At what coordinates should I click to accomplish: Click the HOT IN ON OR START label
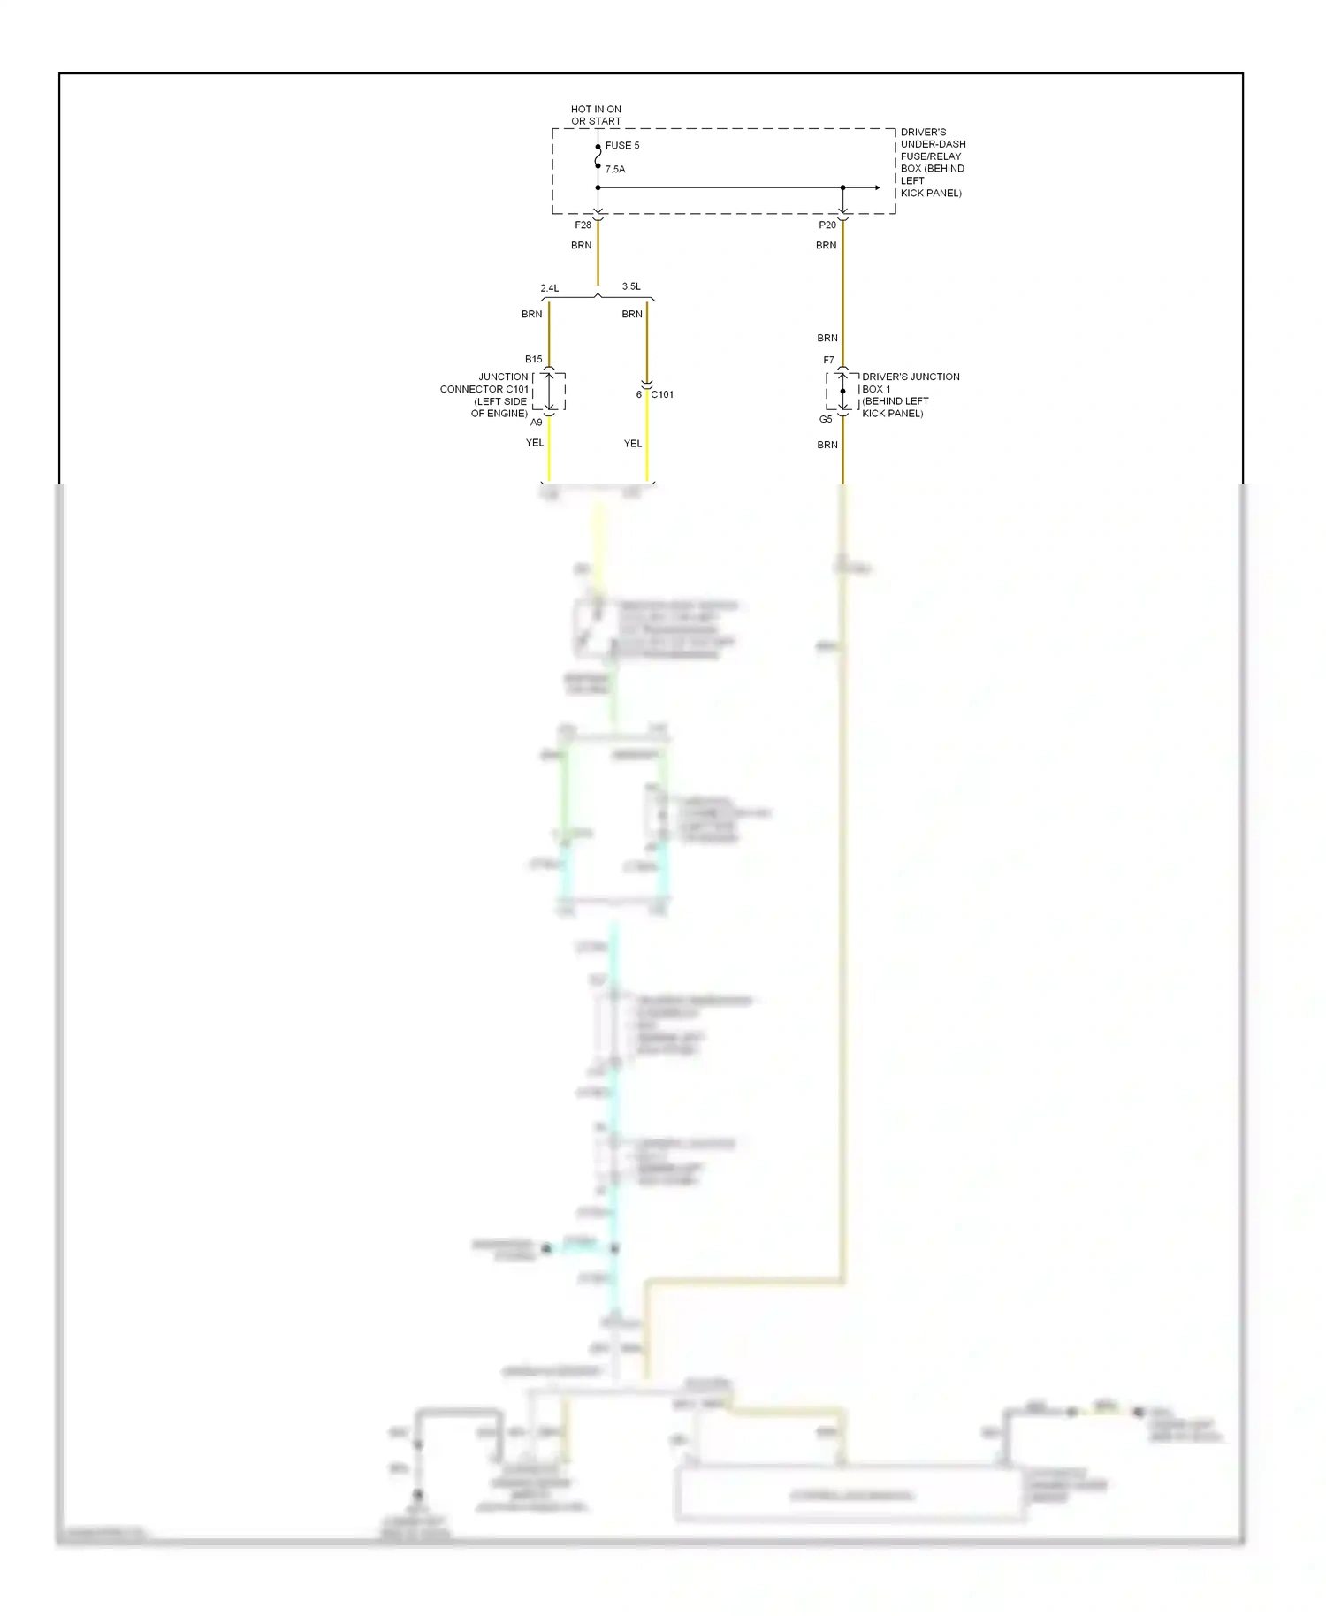[x=596, y=115]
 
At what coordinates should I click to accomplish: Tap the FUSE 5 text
[x=622, y=146]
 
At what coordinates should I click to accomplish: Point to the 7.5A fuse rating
[x=615, y=169]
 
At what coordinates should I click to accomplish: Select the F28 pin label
[x=583, y=225]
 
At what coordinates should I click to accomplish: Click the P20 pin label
[x=827, y=225]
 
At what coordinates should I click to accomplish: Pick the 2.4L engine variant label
[x=550, y=288]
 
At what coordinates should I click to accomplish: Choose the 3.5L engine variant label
[x=631, y=286]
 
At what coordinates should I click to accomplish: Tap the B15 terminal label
[x=534, y=360]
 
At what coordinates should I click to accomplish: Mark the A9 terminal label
[x=537, y=423]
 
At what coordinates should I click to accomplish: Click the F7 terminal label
[x=828, y=361]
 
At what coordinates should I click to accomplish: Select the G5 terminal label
[x=826, y=420]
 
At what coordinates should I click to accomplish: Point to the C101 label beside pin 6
[x=662, y=395]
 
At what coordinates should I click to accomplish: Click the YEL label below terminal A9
[x=535, y=443]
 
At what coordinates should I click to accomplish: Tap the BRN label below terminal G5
[x=827, y=445]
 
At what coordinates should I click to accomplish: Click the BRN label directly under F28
[x=582, y=246]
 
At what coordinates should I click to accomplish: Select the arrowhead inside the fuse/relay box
[x=876, y=187]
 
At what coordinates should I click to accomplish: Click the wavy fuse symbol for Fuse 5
[x=598, y=156]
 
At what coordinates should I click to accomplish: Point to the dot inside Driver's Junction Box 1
[x=843, y=391]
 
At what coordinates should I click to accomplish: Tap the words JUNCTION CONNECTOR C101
[x=485, y=383]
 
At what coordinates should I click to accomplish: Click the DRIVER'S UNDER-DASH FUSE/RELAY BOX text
[x=933, y=163]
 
